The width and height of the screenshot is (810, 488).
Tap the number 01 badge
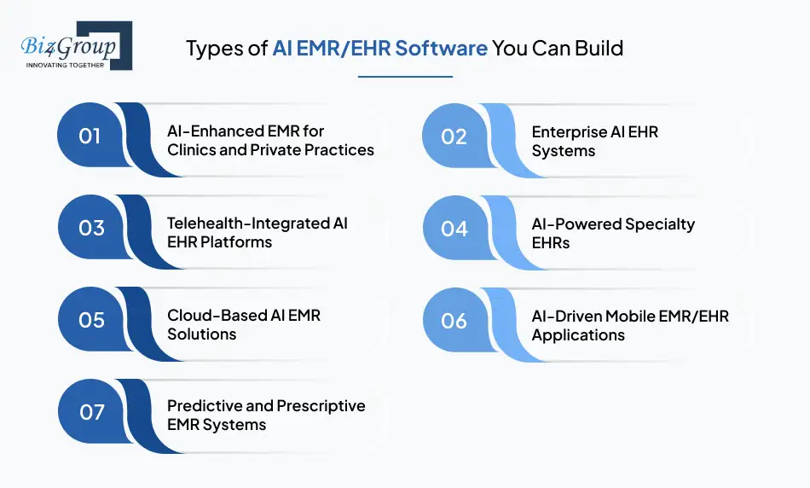pyautogui.click(x=90, y=136)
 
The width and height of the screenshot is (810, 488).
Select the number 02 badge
pyautogui.click(x=454, y=136)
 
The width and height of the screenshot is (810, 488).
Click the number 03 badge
pyautogui.click(x=90, y=228)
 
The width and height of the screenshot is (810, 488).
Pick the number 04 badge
pyautogui.click(x=454, y=228)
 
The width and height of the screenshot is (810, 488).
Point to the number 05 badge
pyautogui.click(x=90, y=320)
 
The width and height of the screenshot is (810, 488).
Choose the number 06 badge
pyautogui.click(x=454, y=320)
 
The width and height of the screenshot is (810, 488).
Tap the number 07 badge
pyautogui.click(x=90, y=412)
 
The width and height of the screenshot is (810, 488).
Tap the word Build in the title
pyautogui.click(x=601, y=49)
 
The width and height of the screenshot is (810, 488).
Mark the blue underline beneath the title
pyautogui.click(x=405, y=77)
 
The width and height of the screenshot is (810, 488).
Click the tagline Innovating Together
pyautogui.click(x=66, y=64)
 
